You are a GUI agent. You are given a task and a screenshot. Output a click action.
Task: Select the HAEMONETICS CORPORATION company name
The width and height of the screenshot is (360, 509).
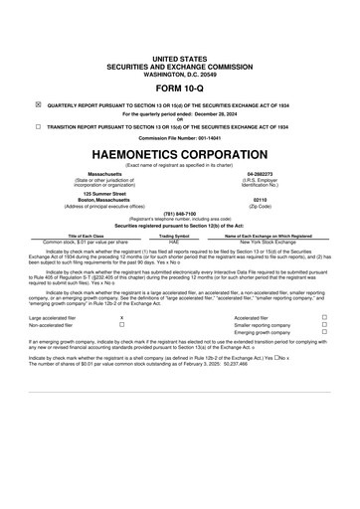[x=179, y=155]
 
